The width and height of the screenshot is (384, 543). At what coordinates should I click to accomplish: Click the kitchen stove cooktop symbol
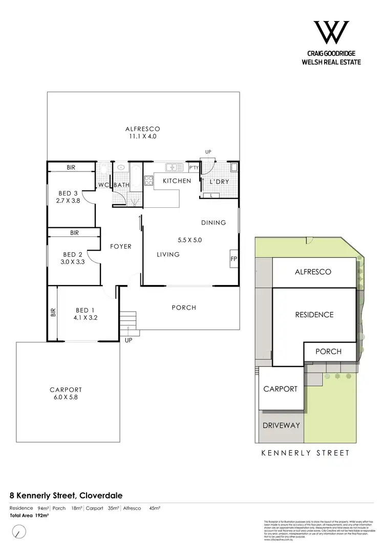tap(150, 180)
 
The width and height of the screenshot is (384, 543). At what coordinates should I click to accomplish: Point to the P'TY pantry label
tap(194, 168)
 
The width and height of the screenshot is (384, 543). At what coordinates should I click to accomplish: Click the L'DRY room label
tap(220, 182)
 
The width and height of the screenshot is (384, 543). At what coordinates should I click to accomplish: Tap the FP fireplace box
tap(233, 258)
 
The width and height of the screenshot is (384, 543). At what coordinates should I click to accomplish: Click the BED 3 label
tap(68, 193)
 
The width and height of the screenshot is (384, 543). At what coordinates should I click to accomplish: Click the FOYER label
tap(121, 247)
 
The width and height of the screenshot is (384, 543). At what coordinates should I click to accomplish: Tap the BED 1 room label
tap(86, 310)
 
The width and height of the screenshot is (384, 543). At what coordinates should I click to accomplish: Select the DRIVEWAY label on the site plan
tap(281, 425)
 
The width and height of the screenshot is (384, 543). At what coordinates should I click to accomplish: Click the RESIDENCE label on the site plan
tap(314, 315)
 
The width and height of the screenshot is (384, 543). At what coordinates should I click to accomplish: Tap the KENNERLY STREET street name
tap(306, 453)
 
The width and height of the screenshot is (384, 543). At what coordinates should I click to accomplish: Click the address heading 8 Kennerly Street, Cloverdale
tap(66, 495)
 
